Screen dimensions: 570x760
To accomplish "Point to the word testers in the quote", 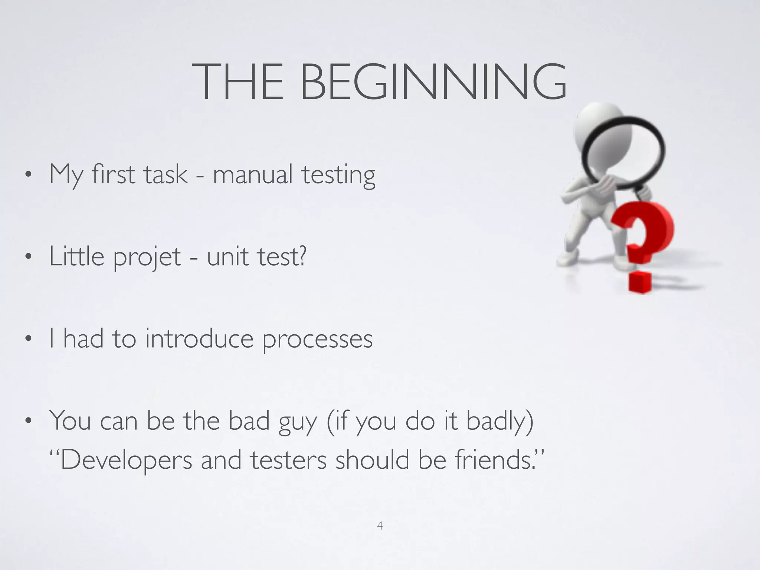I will pos(288,460).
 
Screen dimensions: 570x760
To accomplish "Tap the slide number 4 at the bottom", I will pos(380,526).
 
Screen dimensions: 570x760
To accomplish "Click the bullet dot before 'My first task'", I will pos(27,175).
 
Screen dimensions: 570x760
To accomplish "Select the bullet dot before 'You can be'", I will pos(27,422).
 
